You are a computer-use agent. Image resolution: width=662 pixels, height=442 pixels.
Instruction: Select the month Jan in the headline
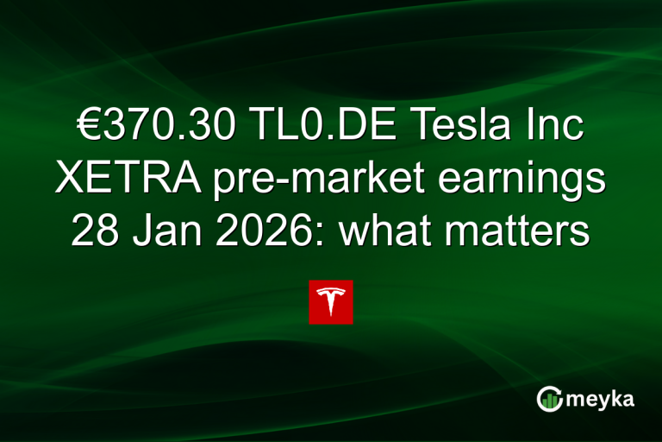161,230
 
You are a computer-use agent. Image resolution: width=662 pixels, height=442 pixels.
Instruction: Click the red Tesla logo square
331,301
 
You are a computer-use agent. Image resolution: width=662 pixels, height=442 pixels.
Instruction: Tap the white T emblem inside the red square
331,301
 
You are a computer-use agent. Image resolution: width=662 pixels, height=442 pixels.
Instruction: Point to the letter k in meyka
615,397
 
